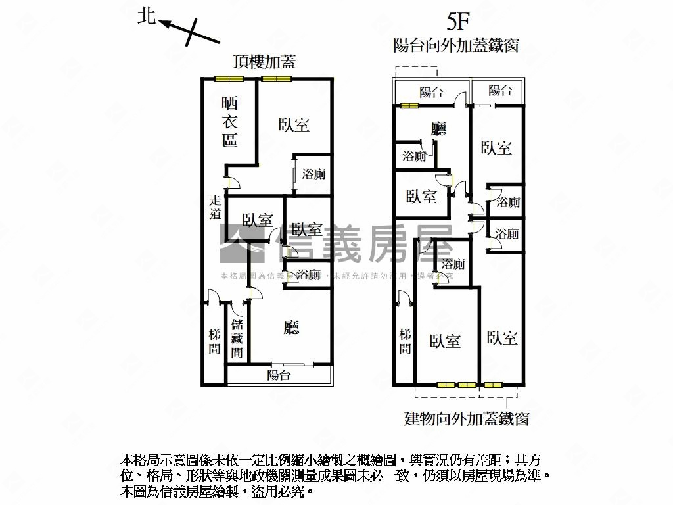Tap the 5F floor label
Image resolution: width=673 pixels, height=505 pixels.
457,22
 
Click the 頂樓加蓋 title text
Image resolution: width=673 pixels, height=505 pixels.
264,62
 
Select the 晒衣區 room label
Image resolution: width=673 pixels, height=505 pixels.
229,122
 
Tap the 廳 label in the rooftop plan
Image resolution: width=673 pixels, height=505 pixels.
291,327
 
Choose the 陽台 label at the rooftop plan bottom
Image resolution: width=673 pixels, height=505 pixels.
279,375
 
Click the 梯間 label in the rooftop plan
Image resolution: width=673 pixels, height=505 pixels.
214,342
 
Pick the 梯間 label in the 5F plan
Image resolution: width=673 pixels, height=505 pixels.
406,341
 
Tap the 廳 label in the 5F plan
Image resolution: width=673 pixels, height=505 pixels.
438,129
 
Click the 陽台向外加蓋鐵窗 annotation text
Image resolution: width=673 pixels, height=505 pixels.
457,45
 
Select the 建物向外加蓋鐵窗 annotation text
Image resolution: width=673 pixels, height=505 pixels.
466,418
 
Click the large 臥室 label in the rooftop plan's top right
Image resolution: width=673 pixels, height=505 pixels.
293,124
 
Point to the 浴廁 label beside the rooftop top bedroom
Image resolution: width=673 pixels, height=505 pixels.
313,175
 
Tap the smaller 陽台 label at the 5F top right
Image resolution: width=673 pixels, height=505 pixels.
501,91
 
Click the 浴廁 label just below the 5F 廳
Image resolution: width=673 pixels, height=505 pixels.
414,156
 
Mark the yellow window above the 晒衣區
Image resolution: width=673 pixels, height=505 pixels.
229,79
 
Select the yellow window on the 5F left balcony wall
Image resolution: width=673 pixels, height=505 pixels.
409,105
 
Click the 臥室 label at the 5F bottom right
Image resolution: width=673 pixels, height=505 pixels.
502,338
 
